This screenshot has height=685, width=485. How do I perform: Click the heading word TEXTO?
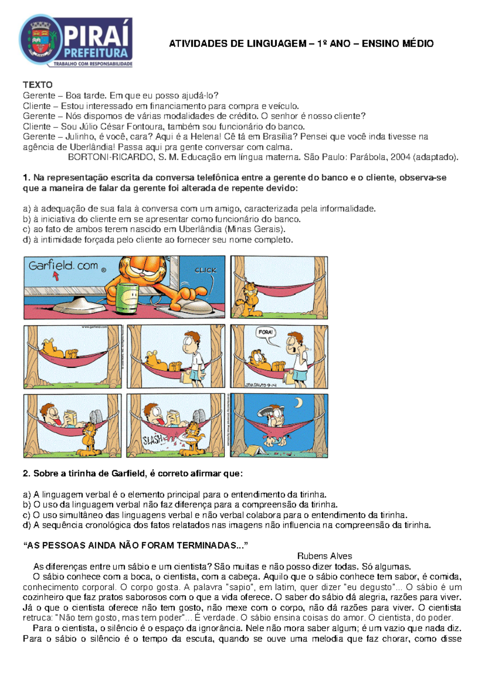point(38,85)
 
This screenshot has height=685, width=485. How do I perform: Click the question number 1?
point(26,178)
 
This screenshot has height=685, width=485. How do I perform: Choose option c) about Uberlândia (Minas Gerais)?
point(154,229)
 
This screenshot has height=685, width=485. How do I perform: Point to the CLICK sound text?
point(205,270)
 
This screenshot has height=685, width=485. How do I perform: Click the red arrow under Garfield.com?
point(56,276)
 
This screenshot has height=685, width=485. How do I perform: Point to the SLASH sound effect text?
point(153,439)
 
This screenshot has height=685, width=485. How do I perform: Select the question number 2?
point(26,474)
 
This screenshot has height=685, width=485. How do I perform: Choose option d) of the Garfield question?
point(227,525)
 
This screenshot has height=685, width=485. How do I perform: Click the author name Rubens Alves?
point(324,556)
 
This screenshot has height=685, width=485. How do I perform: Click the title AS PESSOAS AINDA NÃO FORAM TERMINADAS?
point(135,546)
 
